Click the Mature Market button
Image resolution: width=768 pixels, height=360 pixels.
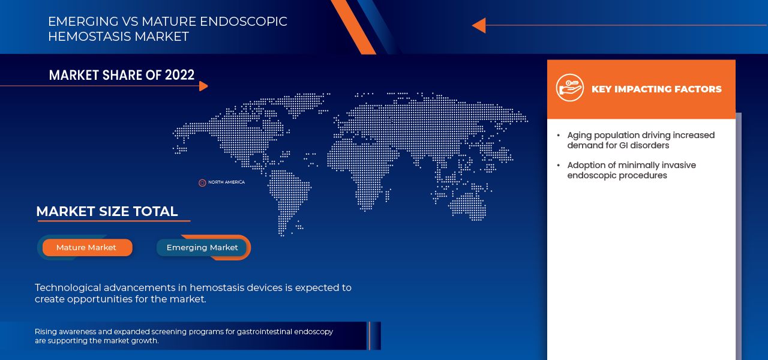pyautogui.click(x=87, y=248)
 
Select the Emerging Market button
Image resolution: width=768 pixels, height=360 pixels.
pyautogui.click(x=202, y=248)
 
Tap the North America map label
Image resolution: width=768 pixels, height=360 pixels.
pyautogui.click(x=227, y=182)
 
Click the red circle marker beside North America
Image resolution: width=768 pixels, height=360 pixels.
pyautogui.click(x=202, y=183)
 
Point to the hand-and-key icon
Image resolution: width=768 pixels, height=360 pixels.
pyautogui.click(x=570, y=88)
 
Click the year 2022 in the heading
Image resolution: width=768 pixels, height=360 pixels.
pyautogui.click(x=179, y=75)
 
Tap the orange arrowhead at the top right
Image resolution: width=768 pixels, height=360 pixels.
pyautogui.click(x=479, y=25)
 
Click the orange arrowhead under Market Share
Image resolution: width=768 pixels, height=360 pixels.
pyautogui.click(x=203, y=86)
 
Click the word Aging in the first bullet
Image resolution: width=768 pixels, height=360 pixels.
pyautogui.click(x=580, y=136)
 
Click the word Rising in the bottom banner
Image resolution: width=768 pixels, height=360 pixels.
pyautogui.click(x=46, y=332)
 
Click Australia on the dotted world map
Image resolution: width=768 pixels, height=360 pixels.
pyautogui.click(x=467, y=206)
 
